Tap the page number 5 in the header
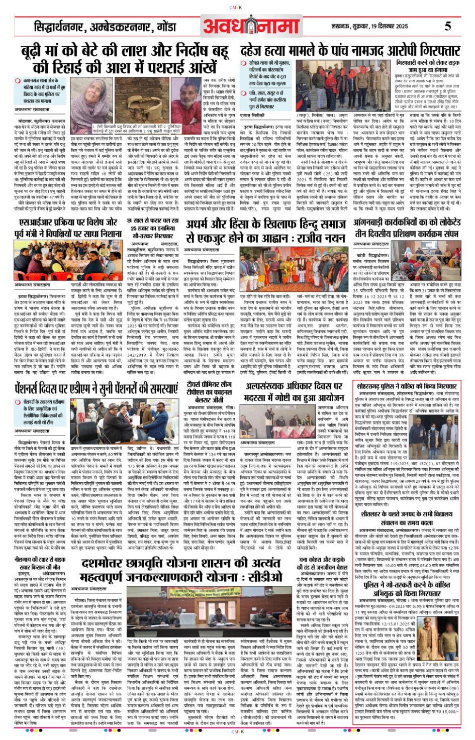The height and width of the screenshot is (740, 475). pyautogui.click(x=447, y=26)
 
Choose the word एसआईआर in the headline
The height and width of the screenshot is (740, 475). pyautogui.click(x=38, y=223)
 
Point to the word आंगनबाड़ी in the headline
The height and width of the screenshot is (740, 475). pyautogui.click(x=372, y=223)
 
